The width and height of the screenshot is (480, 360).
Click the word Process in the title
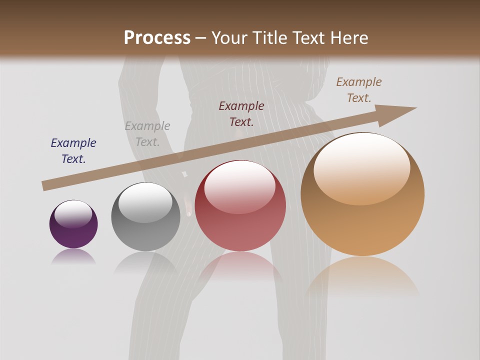click(157, 38)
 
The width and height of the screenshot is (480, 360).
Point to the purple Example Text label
click(73, 151)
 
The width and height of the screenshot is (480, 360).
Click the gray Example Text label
click(147, 134)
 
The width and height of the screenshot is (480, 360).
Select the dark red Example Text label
click(241, 114)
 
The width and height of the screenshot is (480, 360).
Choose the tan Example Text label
click(359, 90)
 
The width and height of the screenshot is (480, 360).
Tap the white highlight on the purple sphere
click(73, 213)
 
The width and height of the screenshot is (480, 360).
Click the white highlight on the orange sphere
click(361, 167)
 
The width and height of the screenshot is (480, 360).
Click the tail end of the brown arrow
click(46, 185)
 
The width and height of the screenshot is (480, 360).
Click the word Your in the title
click(230, 38)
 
